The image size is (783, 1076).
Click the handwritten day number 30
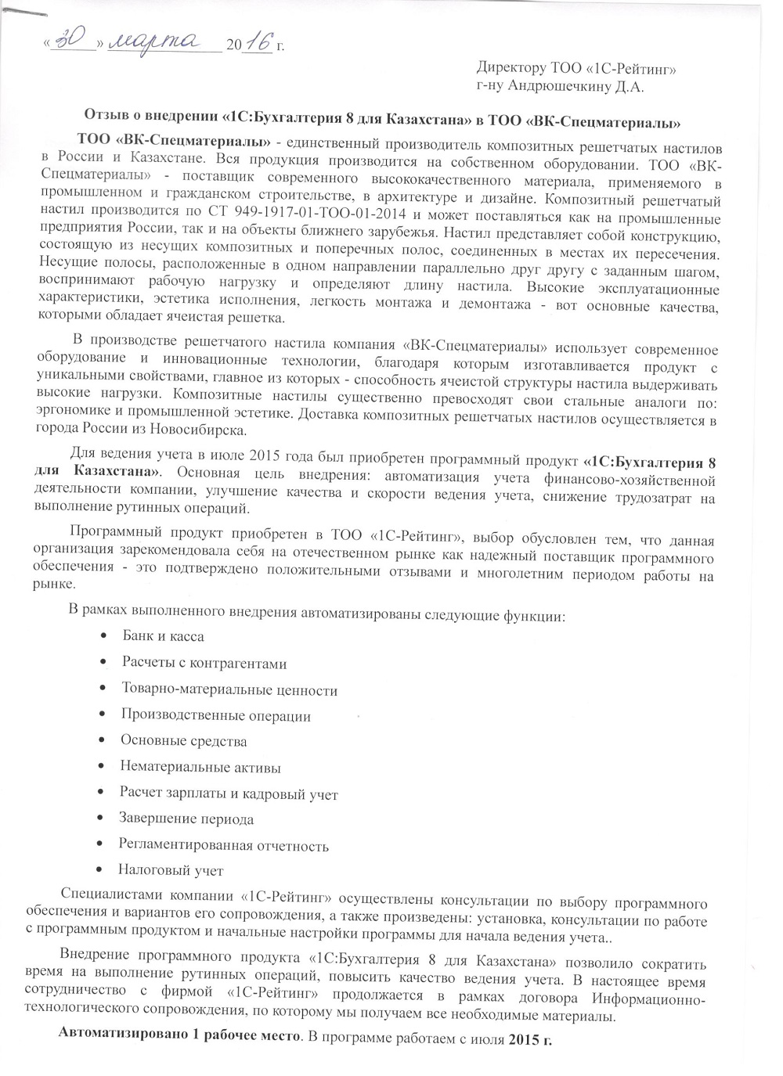[x=78, y=41]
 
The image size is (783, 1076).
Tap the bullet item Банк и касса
[x=163, y=635]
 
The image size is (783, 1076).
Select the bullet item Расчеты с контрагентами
[x=204, y=664]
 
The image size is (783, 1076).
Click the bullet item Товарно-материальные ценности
[x=229, y=690]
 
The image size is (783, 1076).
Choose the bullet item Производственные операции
[x=215, y=716]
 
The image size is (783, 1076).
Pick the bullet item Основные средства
[x=183, y=741]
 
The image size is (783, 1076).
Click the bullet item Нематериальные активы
[x=200, y=768]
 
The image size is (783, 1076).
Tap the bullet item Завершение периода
[x=186, y=819]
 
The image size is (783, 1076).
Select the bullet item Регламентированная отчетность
[x=223, y=845]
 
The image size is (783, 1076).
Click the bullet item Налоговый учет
[x=170, y=870]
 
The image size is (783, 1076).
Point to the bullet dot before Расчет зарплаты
[x=101, y=794]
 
